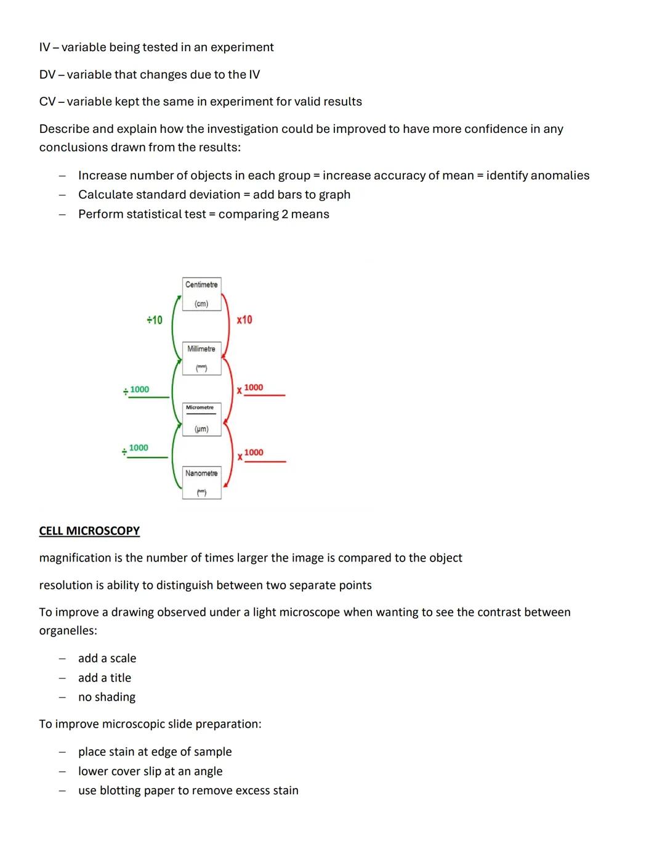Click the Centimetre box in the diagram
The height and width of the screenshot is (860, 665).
click(201, 294)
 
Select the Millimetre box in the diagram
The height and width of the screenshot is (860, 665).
click(201, 358)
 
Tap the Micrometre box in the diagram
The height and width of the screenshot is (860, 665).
click(201, 419)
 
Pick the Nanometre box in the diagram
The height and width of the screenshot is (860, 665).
click(201, 483)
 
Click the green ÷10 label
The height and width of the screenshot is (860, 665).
click(155, 320)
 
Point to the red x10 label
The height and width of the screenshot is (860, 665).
click(244, 320)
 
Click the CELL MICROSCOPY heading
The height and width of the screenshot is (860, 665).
click(89, 531)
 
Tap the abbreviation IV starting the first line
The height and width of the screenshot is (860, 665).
click(44, 47)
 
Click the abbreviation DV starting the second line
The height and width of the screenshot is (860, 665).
click(47, 74)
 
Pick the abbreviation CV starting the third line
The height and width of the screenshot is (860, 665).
click(47, 102)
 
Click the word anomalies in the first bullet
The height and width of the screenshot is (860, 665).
click(538, 175)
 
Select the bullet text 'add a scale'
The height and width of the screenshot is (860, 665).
click(107, 658)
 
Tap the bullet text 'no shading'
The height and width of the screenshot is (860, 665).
click(107, 697)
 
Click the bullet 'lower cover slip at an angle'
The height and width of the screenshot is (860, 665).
click(150, 771)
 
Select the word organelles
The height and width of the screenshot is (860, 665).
click(68, 630)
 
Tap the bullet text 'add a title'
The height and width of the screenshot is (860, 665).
click(105, 678)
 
